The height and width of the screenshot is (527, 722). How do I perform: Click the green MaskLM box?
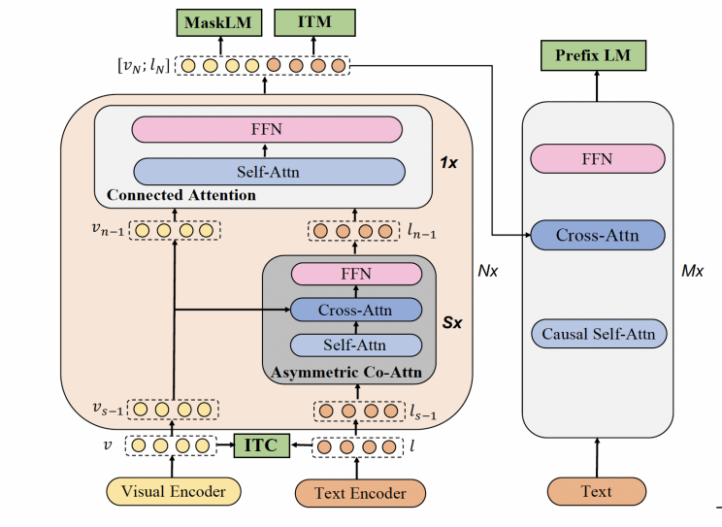tap(207, 21)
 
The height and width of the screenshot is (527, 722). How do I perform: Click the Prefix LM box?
tap(592, 56)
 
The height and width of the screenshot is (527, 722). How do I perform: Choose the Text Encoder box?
tap(359, 493)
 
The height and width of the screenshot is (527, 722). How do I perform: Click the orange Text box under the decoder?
tap(596, 491)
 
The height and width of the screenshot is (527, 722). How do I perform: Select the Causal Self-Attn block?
tap(598, 335)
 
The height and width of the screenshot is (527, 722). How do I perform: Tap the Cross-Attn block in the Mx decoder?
tap(597, 235)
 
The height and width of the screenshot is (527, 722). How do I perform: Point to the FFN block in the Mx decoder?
tap(597, 159)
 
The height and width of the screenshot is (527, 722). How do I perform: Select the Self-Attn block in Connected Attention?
tap(267, 171)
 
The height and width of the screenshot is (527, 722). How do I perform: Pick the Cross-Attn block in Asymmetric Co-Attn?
tap(356, 311)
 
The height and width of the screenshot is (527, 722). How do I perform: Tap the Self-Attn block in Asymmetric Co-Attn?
tap(356, 345)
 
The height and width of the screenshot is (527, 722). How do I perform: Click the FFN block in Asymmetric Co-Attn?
tap(355, 275)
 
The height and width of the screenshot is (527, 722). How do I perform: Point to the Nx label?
tap(488, 271)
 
